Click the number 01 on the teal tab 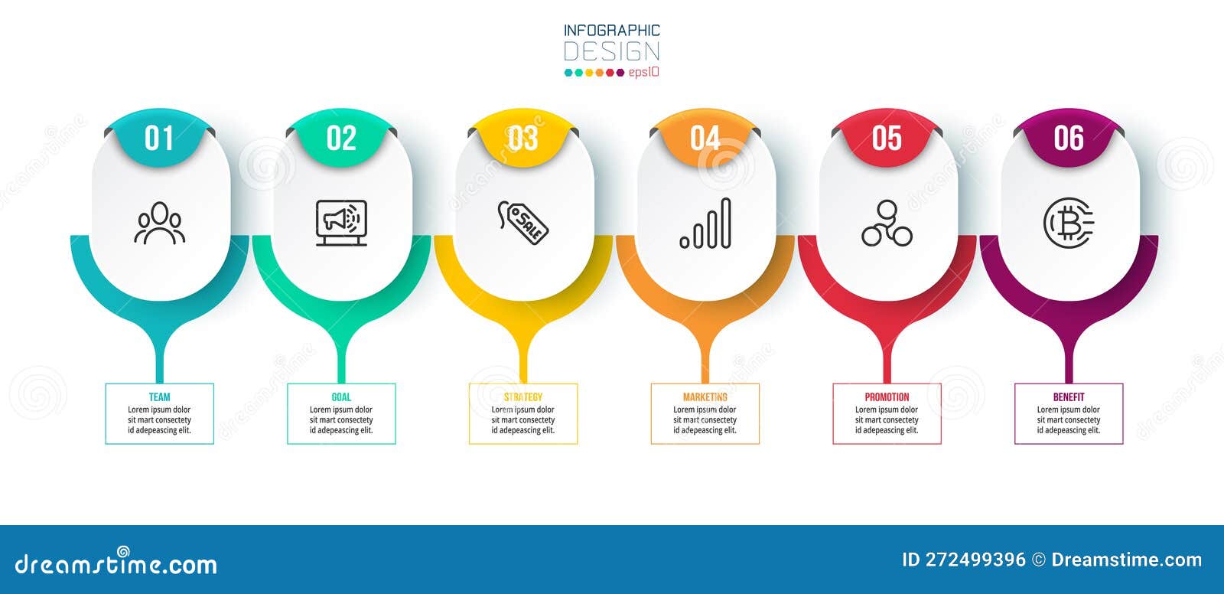tap(159, 139)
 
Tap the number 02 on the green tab tap(341, 139)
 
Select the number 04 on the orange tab tap(705, 139)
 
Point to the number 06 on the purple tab tap(1069, 139)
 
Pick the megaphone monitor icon tap(341, 223)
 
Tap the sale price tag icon tap(523, 222)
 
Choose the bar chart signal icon tap(705, 224)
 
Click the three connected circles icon tap(887, 224)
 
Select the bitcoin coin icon tap(1068, 223)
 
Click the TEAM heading tap(159, 397)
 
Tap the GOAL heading tap(341, 397)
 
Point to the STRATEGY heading tap(523, 397)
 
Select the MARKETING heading tap(705, 397)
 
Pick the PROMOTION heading tap(887, 397)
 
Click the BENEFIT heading tap(1069, 397)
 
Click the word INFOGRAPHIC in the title tap(611, 31)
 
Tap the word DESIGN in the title tap(611, 52)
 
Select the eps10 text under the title tap(643, 73)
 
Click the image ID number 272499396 tap(975, 560)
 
